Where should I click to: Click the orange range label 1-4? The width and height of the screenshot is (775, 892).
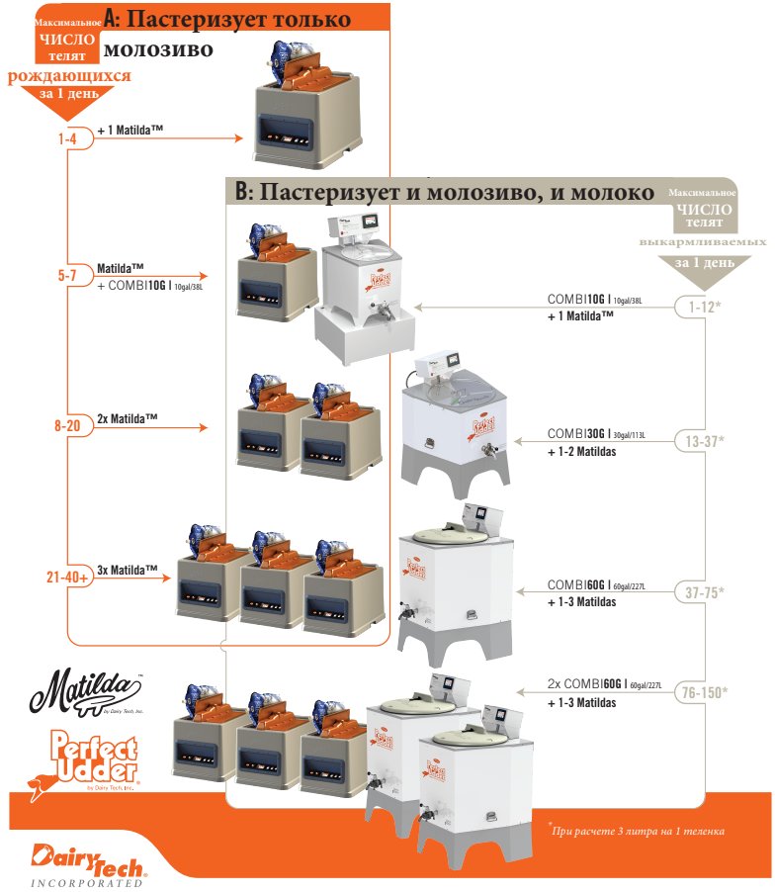point(67,139)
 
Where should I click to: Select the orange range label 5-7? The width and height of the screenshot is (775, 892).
point(67,276)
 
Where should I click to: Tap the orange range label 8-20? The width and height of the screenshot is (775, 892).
point(67,426)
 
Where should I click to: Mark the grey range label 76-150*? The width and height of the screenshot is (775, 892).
point(704,692)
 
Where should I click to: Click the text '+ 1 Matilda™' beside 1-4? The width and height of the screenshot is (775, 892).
point(129,131)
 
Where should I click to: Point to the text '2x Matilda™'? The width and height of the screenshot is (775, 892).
point(128,418)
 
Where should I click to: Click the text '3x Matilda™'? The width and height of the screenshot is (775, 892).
point(128,570)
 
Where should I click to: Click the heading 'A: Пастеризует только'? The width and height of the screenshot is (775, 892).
point(226,19)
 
